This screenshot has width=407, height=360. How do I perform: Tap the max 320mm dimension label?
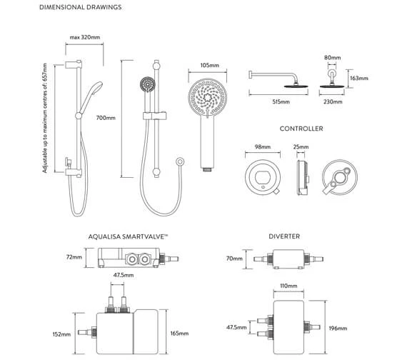pos(84,37)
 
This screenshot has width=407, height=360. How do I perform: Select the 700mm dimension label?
pos(106,118)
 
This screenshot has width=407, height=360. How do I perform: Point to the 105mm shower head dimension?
pos(209,65)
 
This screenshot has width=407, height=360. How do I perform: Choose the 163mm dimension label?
pos(359,79)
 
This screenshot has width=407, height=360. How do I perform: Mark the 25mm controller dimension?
pos(301,147)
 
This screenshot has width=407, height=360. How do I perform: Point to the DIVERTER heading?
pos(285,235)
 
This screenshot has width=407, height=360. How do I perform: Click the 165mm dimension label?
pos(179,334)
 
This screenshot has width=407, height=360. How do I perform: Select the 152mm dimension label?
pos(62,334)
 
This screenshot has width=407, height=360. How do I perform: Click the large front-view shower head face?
pos(208,99)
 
